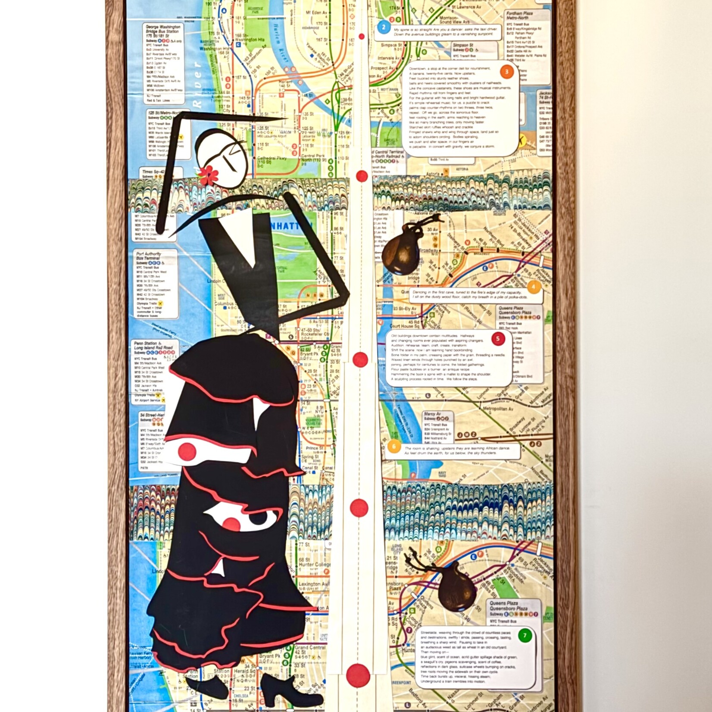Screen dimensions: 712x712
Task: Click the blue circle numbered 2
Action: [383, 28]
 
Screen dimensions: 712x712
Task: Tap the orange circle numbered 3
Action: [507, 72]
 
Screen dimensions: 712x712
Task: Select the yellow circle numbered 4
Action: [534, 286]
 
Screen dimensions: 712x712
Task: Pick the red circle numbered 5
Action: [498, 338]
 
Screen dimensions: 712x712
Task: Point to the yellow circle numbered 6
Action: [393, 446]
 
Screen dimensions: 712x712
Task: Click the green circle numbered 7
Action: [525, 635]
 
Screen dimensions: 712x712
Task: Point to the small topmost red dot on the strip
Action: [362, 37]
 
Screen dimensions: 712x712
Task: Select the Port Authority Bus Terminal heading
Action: [149, 256]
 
